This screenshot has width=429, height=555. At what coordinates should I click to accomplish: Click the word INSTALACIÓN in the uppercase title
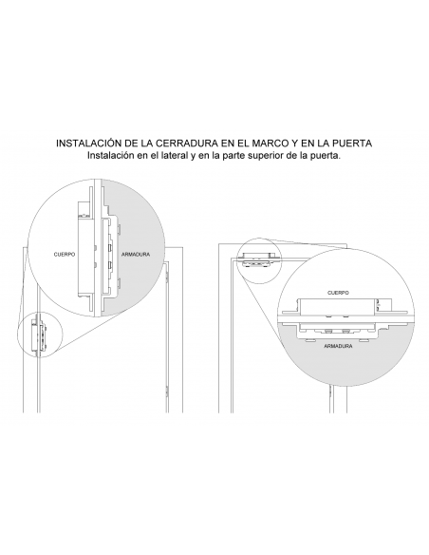tap(92, 143)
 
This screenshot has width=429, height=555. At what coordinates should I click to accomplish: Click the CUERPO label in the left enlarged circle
tap(64, 254)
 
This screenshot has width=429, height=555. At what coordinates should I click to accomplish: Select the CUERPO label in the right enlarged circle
tap(338, 293)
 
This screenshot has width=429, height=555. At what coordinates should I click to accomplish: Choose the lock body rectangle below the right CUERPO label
tap(337, 305)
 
